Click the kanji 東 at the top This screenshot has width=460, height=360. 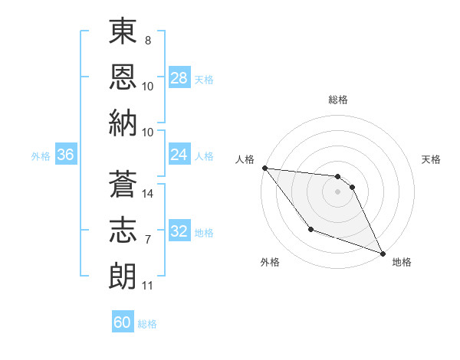(x=123, y=33)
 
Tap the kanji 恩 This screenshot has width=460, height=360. (x=123, y=77)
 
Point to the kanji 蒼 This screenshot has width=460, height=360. (x=123, y=185)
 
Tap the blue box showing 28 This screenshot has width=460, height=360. (x=179, y=77)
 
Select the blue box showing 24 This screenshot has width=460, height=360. (x=179, y=155)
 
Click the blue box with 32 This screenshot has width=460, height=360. (x=179, y=232)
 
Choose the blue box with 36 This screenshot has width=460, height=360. (x=65, y=155)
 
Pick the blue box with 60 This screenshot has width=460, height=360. (x=123, y=322)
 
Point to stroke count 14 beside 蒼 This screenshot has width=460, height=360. (x=149, y=194)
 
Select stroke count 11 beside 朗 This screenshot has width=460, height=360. (x=148, y=286)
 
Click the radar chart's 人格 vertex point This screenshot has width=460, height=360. (x=264, y=168)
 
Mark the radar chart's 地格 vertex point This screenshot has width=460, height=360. (x=383, y=254)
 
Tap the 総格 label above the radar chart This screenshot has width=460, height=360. (x=338, y=100)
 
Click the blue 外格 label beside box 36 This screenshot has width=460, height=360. (x=41, y=156)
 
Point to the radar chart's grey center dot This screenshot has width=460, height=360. (x=337, y=191)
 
